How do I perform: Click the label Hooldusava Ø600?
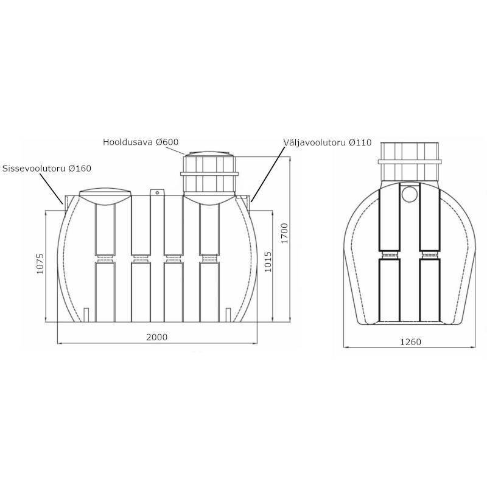pos(141,142)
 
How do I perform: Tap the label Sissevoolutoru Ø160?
pos(47,169)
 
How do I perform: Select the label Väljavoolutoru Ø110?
pos(328,142)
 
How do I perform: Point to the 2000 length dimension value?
pos(157,337)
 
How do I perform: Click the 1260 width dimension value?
pos(410,342)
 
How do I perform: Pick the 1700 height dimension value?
pos(284,233)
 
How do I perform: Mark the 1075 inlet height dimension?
pos(40,264)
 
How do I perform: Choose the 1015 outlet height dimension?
pos(268,262)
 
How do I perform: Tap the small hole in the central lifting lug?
pos(157,192)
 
